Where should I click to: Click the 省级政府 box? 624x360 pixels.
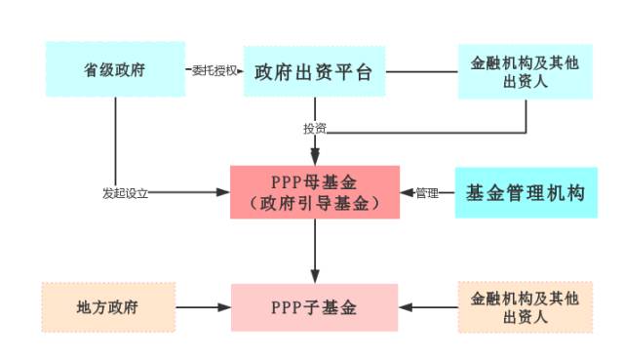click(115, 69)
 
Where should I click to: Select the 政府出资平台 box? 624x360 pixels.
click(314, 71)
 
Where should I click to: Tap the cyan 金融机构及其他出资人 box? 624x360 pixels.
click(526, 70)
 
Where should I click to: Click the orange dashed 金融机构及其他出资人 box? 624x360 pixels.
click(526, 306)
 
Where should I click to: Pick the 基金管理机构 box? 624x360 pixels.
click(526, 192)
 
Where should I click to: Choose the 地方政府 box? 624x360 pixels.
click(108, 306)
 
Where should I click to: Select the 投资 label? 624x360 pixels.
click(314, 129)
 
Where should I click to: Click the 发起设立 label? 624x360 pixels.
click(125, 193)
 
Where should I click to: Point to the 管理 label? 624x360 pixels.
click(428, 193)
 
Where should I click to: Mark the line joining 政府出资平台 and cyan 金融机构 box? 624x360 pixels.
click(421, 71)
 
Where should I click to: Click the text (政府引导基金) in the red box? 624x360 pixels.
click(314, 204)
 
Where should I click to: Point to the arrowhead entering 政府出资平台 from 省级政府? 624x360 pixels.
click(238, 71)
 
